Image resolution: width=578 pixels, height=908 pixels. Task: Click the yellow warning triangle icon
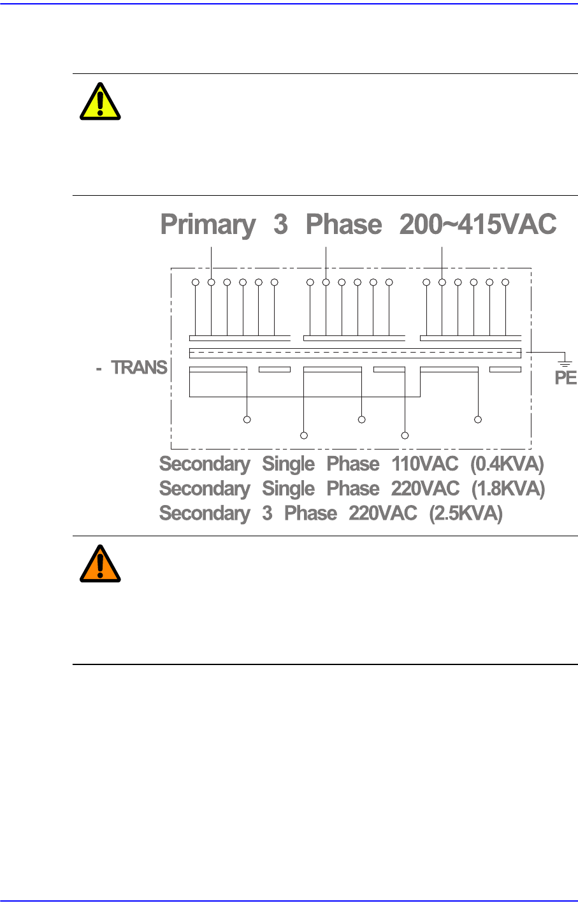(100, 102)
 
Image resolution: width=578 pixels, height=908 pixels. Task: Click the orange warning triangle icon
(100, 564)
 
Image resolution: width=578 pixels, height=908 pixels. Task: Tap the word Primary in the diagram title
(208, 225)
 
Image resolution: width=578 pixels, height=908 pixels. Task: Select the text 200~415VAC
(478, 225)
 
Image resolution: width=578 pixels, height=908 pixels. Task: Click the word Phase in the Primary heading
(343, 225)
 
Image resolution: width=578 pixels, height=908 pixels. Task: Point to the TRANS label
(140, 368)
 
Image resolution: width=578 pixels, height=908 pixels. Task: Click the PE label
(565, 378)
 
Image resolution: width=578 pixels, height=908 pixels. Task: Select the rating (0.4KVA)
(507, 464)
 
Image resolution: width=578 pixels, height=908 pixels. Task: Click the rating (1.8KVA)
(508, 489)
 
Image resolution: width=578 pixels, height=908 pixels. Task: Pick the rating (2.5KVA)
(466, 513)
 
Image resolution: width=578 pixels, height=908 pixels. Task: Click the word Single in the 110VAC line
(288, 465)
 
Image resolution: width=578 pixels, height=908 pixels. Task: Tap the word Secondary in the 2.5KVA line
(205, 513)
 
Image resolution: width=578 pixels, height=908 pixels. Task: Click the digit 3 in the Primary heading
(280, 225)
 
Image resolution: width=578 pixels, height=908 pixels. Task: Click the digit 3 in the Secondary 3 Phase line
(267, 513)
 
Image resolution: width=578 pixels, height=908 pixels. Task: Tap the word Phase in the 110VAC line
(353, 464)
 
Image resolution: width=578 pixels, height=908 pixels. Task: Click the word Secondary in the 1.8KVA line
(205, 489)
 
